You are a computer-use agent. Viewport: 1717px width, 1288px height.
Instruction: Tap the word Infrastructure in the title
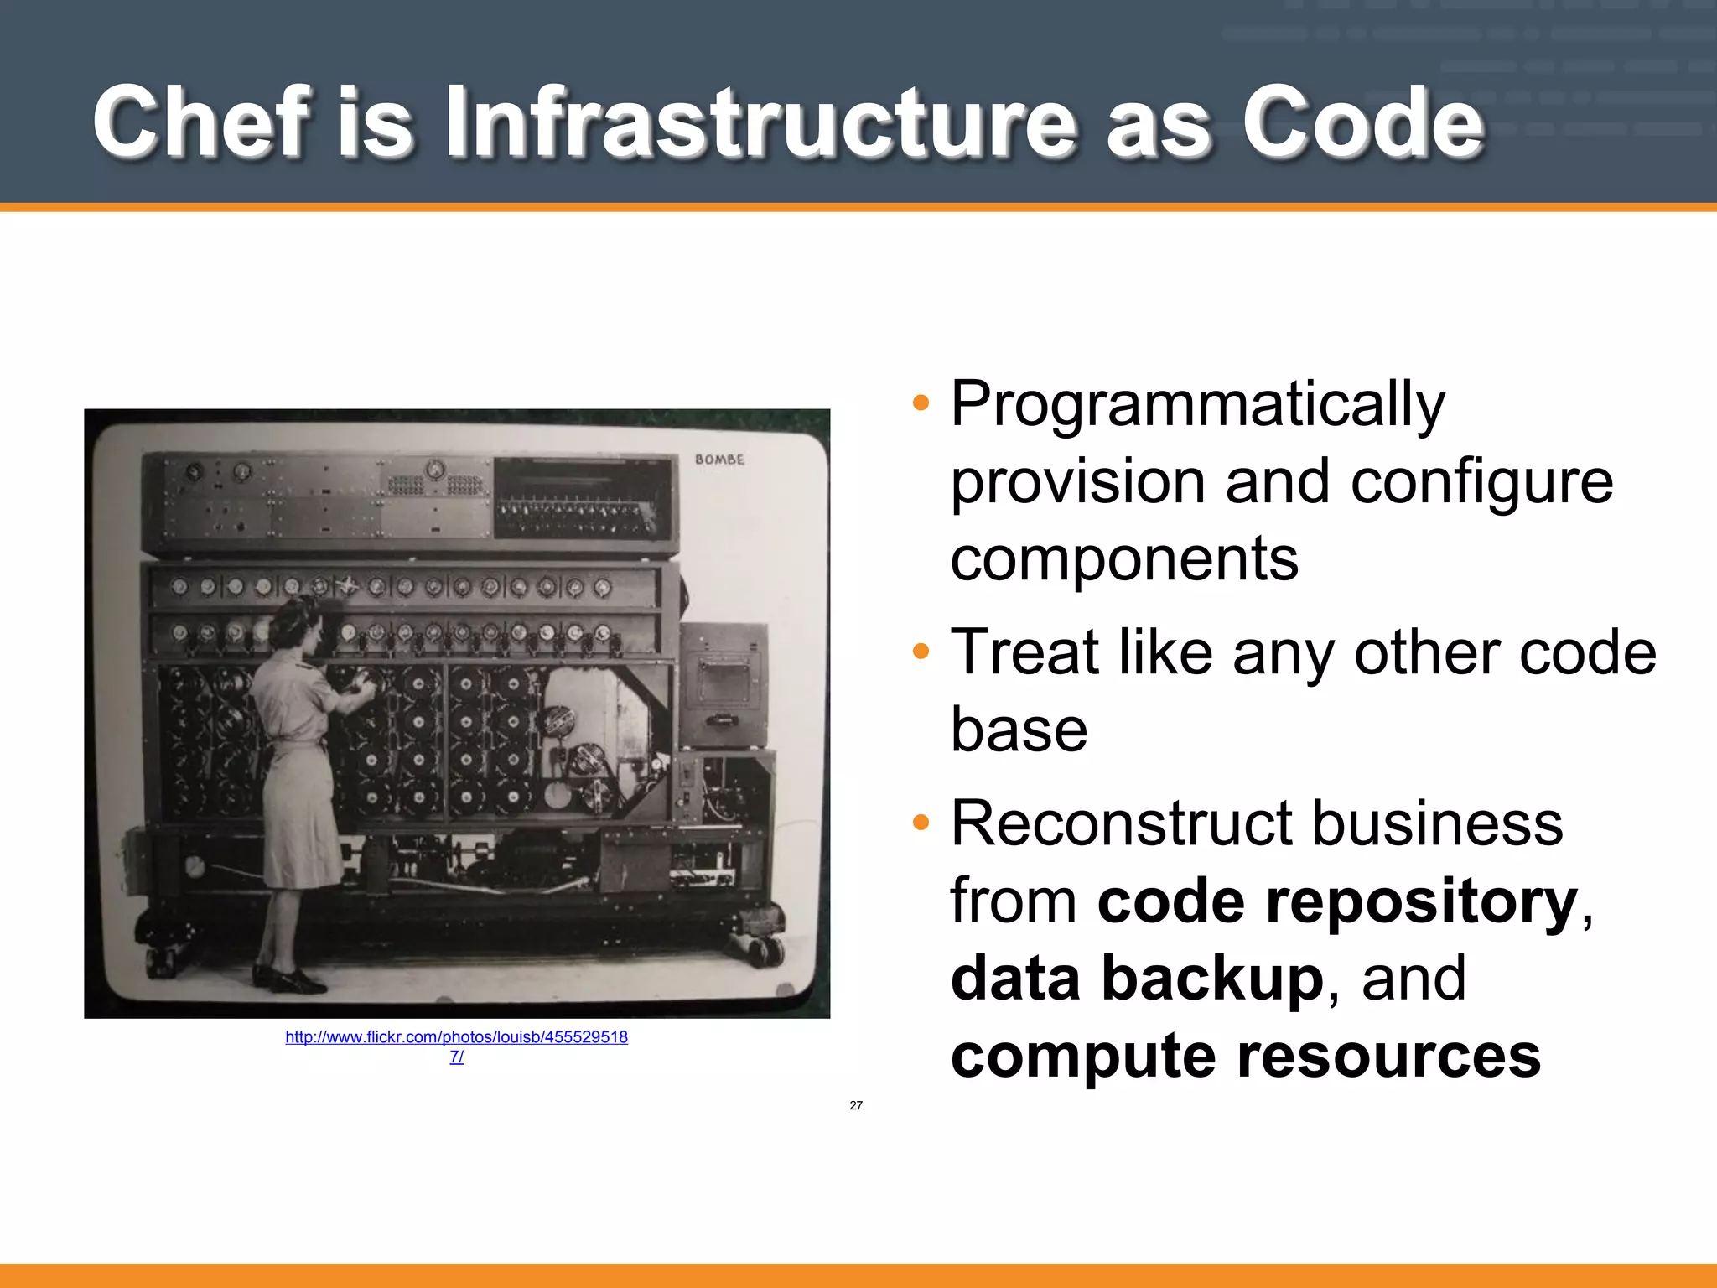[x=759, y=122]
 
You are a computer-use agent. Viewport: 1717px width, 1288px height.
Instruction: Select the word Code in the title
[x=1362, y=122]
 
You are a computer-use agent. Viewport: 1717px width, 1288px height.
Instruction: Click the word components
[x=1123, y=559]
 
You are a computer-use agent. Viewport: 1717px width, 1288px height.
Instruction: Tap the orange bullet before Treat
[x=921, y=652]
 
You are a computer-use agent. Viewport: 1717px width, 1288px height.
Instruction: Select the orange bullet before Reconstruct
[x=921, y=823]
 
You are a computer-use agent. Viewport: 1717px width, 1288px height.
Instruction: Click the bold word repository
[x=1421, y=901]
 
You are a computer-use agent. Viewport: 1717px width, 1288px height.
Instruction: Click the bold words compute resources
[x=1245, y=1056]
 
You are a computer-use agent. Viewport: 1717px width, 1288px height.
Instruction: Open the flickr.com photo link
[x=456, y=1038]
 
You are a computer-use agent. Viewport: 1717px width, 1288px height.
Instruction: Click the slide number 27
[x=855, y=1105]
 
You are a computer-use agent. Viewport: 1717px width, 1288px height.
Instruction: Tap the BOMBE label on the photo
[x=718, y=460]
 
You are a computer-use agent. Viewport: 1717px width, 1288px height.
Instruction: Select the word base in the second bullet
[x=1019, y=730]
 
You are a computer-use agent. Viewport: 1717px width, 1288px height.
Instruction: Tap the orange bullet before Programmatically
[x=921, y=403]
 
